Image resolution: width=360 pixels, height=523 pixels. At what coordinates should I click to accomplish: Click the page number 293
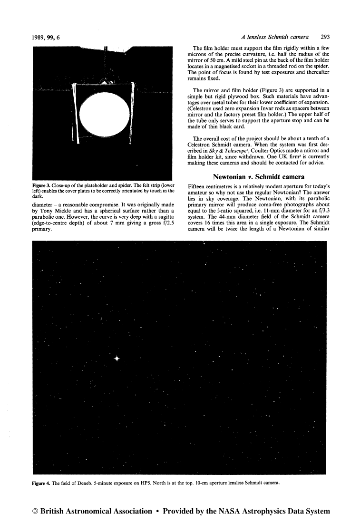pyautogui.click(x=326, y=36)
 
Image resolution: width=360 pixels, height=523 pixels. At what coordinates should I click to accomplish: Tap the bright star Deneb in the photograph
pyautogui.click(x=117, y=358)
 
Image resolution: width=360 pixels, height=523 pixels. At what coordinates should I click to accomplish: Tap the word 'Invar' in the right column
pyautogui.click(x=263, y=111)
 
